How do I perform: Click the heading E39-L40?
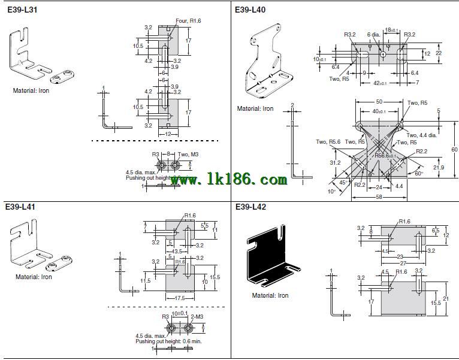[250, 10]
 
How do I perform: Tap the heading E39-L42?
[250, 207]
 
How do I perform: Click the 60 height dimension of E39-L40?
[454, 149]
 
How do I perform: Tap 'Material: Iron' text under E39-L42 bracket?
[270, 295]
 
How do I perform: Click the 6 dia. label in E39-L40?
[374, 34]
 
